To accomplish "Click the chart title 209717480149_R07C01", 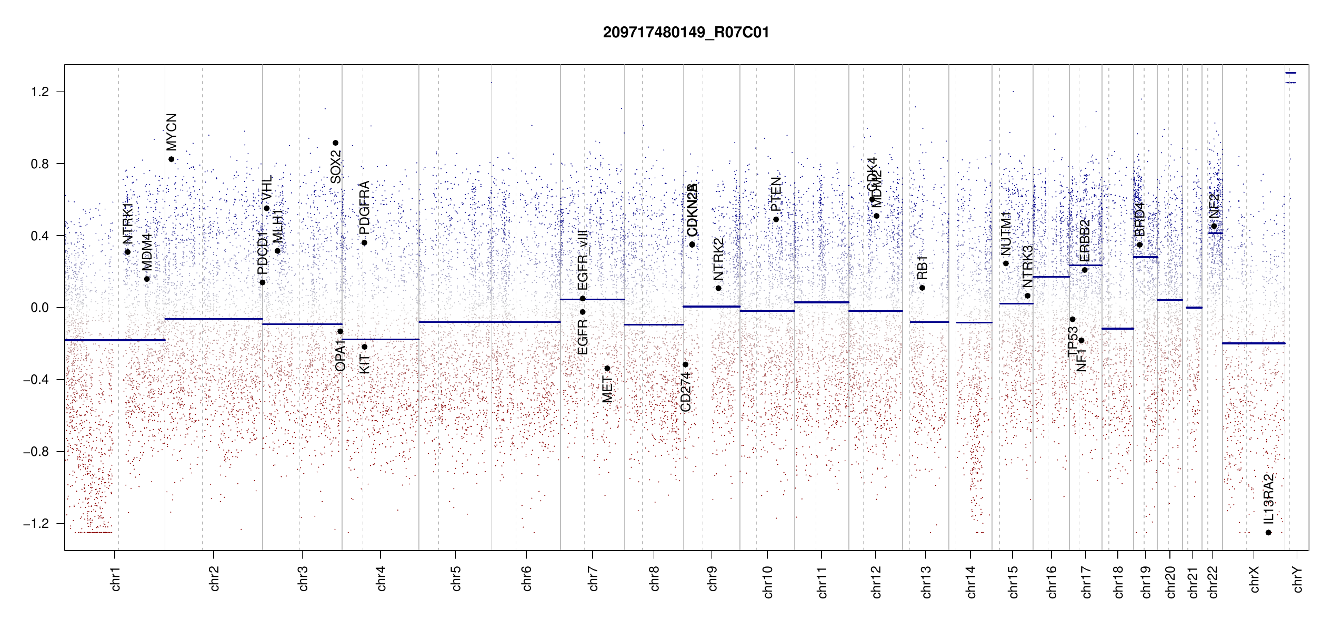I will tap(686, 33).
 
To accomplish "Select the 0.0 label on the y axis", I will tap(40, 308).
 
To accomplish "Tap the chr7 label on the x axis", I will tap(593, 578).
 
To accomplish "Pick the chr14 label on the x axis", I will tap(971, 582).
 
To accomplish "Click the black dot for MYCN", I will tap(171, 159).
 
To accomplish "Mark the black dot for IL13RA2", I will tap(1268, 533).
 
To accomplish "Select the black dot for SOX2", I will tap(335, 143).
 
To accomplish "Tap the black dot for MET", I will tap(607, 368).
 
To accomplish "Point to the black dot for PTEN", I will tap(776, 219).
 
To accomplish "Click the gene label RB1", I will tap(922, 268).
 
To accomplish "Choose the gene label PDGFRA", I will tap(364, 208).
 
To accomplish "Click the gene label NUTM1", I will tap(1006, 233).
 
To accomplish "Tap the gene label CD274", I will tap(685, 392).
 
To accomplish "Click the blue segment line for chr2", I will tap(213, 319).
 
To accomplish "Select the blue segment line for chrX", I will tap(1253, 343).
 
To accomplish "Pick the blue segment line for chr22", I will tap(1215, 233).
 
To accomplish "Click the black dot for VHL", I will tap(267, 208).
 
